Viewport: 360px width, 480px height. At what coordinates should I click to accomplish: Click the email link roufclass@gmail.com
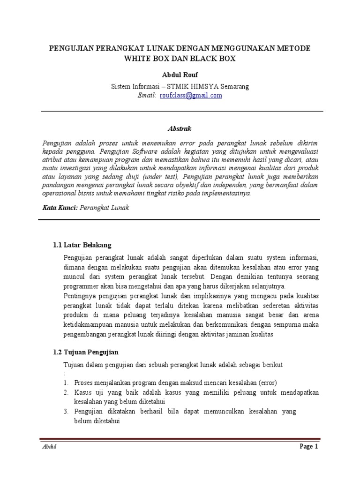(191, 95)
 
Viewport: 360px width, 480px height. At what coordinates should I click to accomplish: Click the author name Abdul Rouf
(180, 75)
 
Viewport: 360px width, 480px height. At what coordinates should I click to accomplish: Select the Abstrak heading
(180, 128)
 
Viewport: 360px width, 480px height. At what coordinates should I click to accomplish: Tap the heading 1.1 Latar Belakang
(82, 245)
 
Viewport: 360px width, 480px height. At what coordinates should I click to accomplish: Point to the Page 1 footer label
(309, 447)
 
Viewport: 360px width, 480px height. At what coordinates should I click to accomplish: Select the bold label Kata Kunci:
(60, 208)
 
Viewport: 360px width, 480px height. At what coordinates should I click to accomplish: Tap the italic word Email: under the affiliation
(147, 95)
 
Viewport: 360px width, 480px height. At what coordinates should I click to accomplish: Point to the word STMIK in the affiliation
(173, 86)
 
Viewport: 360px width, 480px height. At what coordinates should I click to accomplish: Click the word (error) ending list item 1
(266, 382)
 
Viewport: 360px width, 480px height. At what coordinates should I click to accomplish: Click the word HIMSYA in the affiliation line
(201, 86)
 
